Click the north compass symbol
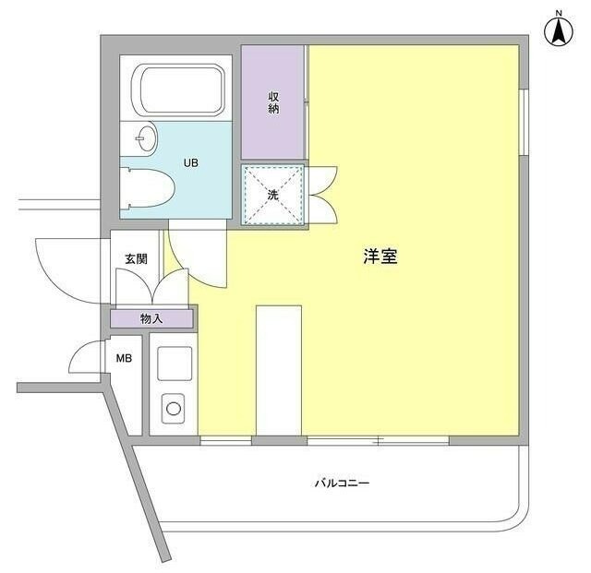[559, 30]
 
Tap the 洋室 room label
[380, 257]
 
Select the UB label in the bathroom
[189, 163]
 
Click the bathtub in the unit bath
[180, 90]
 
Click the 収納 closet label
[274, 102]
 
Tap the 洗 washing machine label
[272, 195]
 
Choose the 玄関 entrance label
[136, 259]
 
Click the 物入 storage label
[151, 319]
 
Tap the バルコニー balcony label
[342, 483]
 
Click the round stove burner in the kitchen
[172, 405]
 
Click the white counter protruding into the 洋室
[278, 369]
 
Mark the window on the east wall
[524, 121]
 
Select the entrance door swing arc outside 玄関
[65, 268]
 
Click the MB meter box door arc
[85, 355]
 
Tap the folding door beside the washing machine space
[323, 194]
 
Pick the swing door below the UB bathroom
[196, 254]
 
